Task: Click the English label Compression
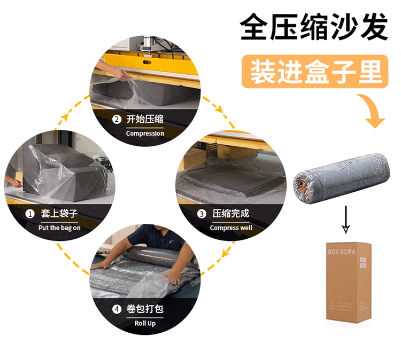pyautogui.click(x=145, y=134)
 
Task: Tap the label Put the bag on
pyautogui.click(x=59, y=228)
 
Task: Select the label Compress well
pyautogui.click(x=231, y=228)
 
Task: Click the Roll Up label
pyautogui.click(x=145, y=323)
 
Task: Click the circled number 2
pyautogui.click(x=116, y=120)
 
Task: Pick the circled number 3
pyautogui.click(x=202, y=214)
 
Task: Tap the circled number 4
pyautogui.click(x=116, y=309)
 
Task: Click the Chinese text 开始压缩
pyautogui.click(x=145, y=119)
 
